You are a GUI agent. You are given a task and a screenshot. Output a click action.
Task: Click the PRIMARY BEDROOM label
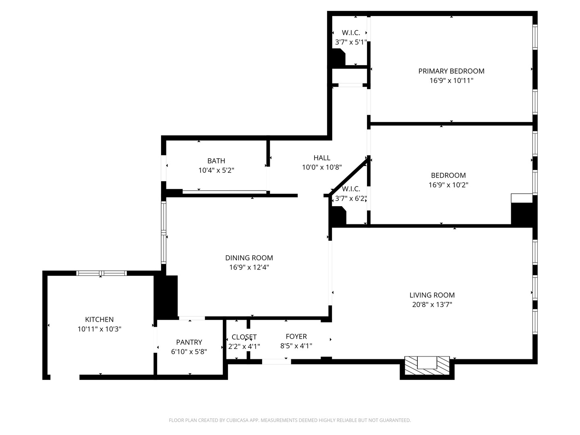click(451, 71)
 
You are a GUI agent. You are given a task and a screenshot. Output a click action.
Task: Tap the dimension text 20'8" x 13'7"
click(432, 304)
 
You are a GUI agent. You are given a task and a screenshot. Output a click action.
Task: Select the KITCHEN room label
click(99, 319)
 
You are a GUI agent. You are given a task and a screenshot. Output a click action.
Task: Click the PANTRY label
click(189, 342)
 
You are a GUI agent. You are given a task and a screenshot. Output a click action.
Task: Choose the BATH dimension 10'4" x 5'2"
click(216, 170)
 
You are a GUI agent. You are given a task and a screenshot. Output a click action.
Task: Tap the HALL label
click(322, 158)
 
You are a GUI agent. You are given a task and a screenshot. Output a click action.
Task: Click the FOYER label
click(296, 336)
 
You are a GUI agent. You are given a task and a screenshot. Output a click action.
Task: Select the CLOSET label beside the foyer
click(244, 337)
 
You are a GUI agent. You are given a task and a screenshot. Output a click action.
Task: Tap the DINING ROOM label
click(249, 258)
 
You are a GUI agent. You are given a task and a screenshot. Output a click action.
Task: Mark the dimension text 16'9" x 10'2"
click(448, 185)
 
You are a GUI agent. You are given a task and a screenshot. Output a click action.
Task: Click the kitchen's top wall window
click(101, 273)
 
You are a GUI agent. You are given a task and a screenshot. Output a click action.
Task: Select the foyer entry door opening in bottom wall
click(276, 362)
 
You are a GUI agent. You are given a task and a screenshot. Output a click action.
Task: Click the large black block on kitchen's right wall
click(166, 297)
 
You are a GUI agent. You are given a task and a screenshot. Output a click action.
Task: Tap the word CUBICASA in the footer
click(234, 420)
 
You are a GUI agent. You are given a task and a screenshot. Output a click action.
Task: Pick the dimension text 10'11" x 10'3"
click(99, 329)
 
